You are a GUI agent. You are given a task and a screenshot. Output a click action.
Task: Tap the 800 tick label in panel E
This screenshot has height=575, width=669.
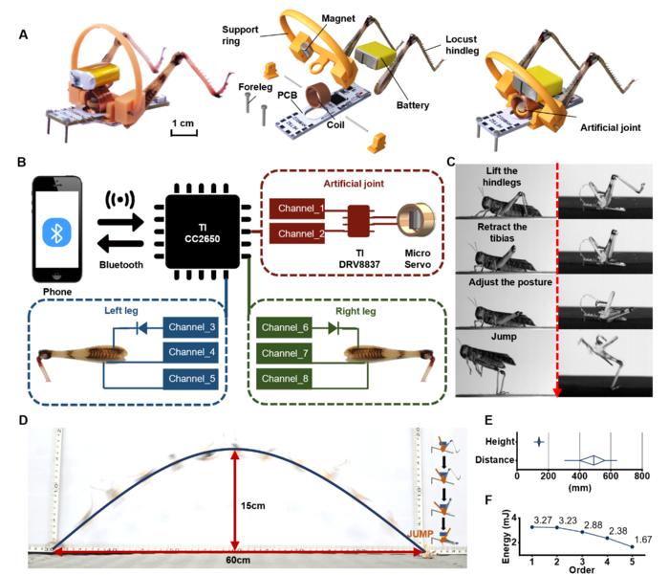click(x=642, y=475)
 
